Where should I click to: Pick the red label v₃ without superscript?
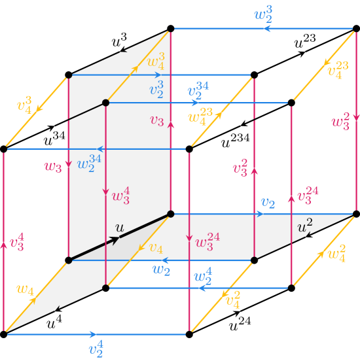pyautogui.click(x=157, y=120)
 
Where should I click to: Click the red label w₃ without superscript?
pyautogui.click(x=53, y=167)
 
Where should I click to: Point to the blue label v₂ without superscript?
pyautogui.click(x=268, y=203)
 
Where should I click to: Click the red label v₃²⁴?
pyautogui.click(x=308, y=195)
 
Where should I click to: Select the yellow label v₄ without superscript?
pyautogui.click(x=156, y=247)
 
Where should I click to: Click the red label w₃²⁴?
pyautogui.click(x=207, y=241)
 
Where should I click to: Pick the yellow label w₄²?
pyautogui.click(x=336, y=252)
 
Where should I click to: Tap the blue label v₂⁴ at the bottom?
pyautogui.click(x=96, y=349)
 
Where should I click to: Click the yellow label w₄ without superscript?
pyautogui.click(x=26, y=289)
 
